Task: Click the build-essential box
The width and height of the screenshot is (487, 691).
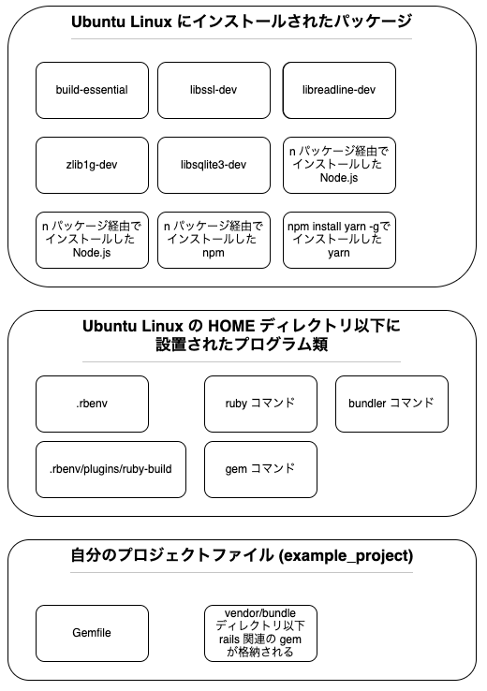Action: pyautogui.click(x=92, y=90)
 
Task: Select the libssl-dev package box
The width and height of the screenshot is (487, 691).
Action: pyautogui.click(x=214, y=90)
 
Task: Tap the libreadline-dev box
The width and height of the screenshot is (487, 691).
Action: pyautogui.click(x=339, y=90)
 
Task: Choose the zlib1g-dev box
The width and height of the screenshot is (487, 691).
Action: pyautogui.click(x=92, y=165)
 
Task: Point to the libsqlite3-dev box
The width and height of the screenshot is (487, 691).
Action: pyautogui.click(x=214, y=165)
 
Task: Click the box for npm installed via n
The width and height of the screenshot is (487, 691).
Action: pyautogui.click(x=214, y=241)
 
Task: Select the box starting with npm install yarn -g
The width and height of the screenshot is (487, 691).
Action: pyautogui.click(x=339, y=241)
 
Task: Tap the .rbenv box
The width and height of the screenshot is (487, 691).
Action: pyautogui.click(x=92, y=404)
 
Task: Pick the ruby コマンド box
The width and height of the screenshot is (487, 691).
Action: pyautogui.click(x=260, y=404)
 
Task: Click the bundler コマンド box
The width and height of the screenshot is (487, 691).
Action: pyautogui.click(x=391, y=404)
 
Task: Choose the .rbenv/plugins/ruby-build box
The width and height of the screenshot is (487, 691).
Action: pyautogui.click(x=111, y=469)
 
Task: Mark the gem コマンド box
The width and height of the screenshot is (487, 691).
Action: pyautogui.click(x=260, y=469)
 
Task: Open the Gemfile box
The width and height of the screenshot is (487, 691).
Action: pyautogui.click(x=92, y=633)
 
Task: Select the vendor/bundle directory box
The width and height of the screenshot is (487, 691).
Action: pyautogui.click(x=260, y=633)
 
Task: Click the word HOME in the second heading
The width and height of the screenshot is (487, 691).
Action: pyautogui.click(x=231, y=326)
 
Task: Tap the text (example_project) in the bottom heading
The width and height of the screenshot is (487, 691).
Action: pyautogui.click(x=346, y=556)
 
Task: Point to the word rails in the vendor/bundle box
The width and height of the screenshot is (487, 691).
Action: pyautogui.click(x=229, y=639)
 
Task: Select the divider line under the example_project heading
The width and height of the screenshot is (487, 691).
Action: pyautogui.click(x=242, y=573)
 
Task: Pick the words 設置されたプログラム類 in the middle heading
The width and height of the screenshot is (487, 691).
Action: pyautogui.click(x=242, y=345)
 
